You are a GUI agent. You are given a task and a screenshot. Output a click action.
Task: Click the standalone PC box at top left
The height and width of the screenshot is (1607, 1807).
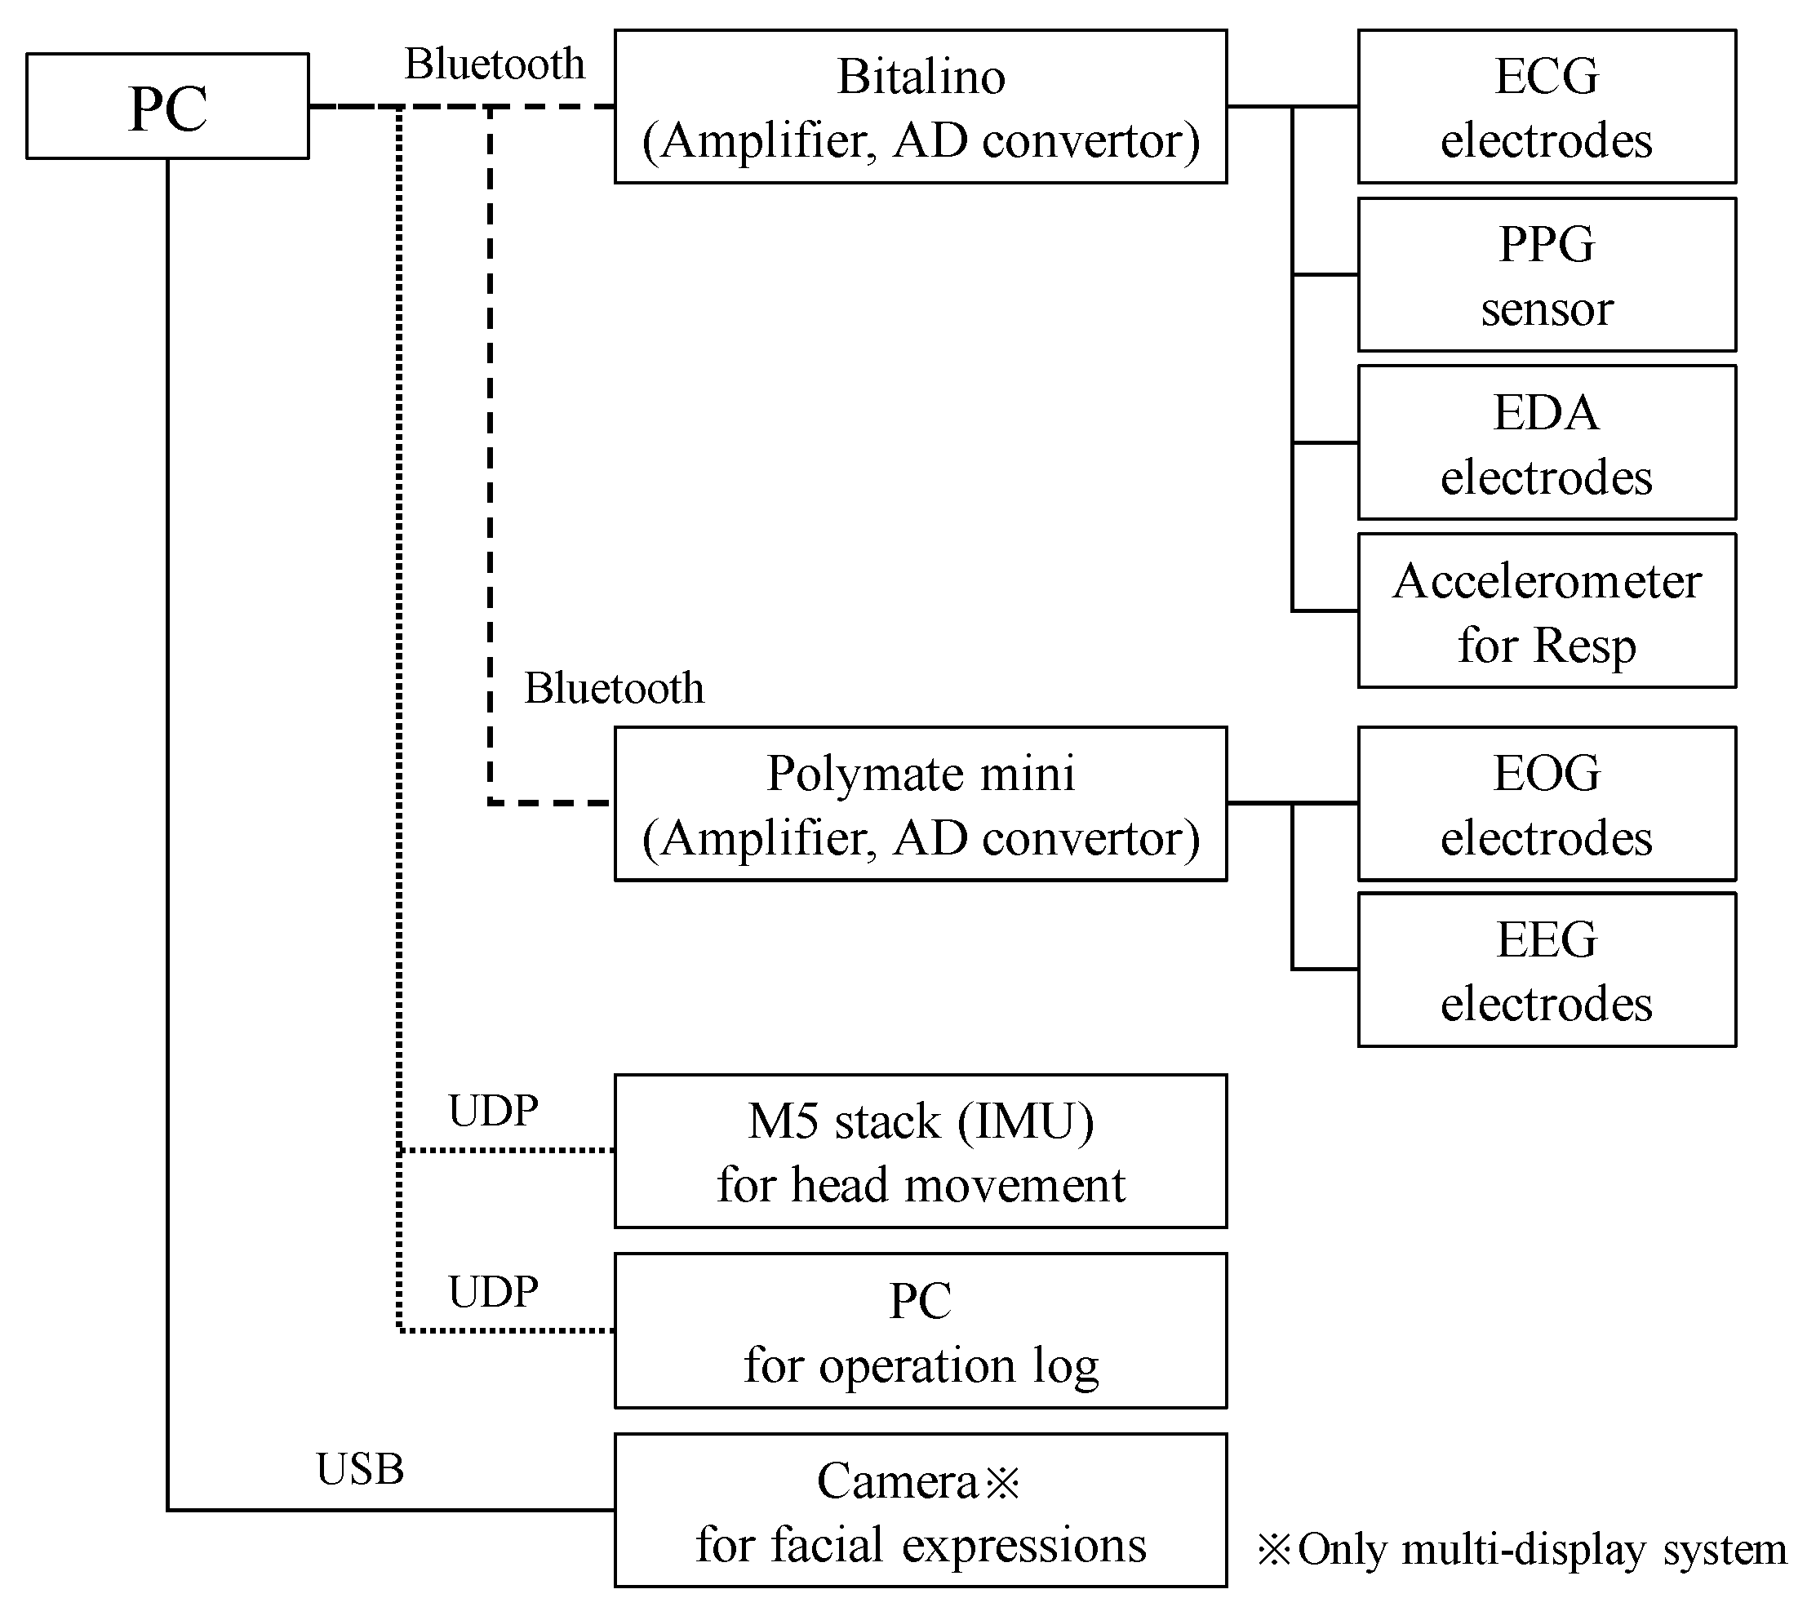pyautogui.click(x=167, y=106)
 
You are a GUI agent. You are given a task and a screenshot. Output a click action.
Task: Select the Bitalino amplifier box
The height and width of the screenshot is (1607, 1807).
pyautogui.click(x=921, y=107)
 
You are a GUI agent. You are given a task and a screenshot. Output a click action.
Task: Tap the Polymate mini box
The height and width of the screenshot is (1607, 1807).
pyautogui.click(x=921, y=803)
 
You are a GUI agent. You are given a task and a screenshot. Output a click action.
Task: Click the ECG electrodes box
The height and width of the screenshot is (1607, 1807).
pyautogui.click(x=1546, y=107)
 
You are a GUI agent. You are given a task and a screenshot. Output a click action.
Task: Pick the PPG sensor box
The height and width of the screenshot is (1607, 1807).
pyautogui.click(x=1546, y=275)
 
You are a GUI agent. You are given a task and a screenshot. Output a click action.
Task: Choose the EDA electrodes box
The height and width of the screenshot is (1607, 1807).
pyautogui.click(x=1546, y=443)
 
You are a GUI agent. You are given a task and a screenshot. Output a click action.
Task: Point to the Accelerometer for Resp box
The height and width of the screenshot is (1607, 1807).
pyautogui.click(x=1546, y=610)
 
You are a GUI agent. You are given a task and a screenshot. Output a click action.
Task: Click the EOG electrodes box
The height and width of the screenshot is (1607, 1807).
pyautogui.click(x=1546, y=803)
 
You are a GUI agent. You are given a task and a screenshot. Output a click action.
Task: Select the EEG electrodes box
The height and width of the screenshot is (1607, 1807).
pyautogui.click(x=1546, y=970)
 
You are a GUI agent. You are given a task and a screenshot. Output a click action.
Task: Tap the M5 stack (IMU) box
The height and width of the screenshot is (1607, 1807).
pyautogui.click(x=921, y=1151)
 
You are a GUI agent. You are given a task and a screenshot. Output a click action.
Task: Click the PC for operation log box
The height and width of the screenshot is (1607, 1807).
pyautogui.click(x=921, y=1330)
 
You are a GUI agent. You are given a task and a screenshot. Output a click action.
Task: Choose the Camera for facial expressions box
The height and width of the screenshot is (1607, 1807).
pyautogui.click(x=921, y=1511)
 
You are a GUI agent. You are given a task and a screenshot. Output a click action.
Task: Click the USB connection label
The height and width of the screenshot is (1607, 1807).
pyautogui.click(x=360, y=1469)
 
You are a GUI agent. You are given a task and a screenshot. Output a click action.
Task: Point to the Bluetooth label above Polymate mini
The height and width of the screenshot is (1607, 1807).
pyautogui.click(x=614, y=688)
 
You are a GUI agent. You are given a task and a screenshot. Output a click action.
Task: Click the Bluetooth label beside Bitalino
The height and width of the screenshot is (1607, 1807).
pyautogui.click(x=494, y=64)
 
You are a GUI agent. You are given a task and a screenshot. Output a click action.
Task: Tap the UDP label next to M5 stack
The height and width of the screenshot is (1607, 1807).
pyautogui.click(x=492, y=1110)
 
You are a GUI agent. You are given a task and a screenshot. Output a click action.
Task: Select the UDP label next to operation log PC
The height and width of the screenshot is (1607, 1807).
pyautogui.click(x=492, y=1291)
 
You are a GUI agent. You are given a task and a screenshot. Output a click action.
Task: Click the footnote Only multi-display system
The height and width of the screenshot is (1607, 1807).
pyautogui.click(x=1521, y=1549)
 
